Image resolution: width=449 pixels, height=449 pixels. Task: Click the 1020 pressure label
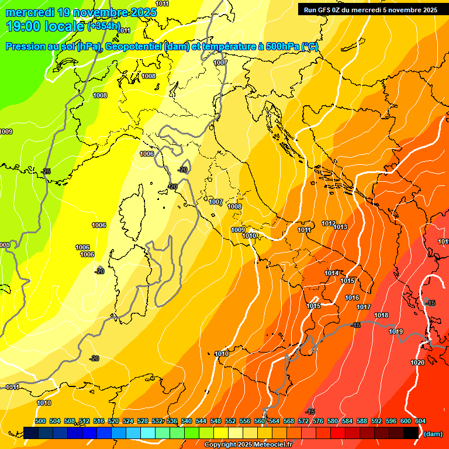pyautogui.click(x=417, y=362)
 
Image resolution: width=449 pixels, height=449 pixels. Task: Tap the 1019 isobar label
pyautogui.click(x=396, y=331)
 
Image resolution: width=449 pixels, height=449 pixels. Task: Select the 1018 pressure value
pyautogui.click(x=381, y=315)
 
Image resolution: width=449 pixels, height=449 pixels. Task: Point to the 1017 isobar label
pyautogui.click(x=364, y=307)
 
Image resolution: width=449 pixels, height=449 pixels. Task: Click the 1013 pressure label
pyautogui.click(x=341, y=227)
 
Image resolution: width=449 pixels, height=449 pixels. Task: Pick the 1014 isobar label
pyautogui.click(x=331, y=273)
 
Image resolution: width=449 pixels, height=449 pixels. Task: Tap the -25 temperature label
pyautogui.click(x=46, y=171)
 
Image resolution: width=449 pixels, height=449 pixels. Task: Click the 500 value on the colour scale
pyautogui.click(x=40, y=421)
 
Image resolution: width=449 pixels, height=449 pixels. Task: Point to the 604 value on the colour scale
pyautogui.click(x=420, y=421)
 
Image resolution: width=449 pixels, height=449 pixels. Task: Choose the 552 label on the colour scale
pyautogui.click(x=230, y=421)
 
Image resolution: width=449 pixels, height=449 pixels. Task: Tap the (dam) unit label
pyautogui.click(x=433, y=433)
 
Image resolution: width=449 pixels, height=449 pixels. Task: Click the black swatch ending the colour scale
pyautogui.click(x=411, y=433)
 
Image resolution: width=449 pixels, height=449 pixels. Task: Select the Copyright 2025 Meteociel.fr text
pyautogui.click(x=248, y=445)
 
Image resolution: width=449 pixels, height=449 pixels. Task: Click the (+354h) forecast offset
pyautogui.click(x=103, y=26)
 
